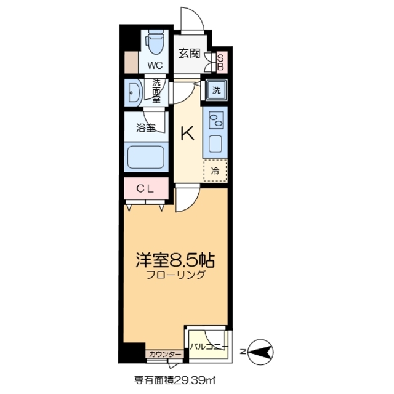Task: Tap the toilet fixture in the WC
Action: coord(154,43)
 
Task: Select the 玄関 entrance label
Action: coord(190,54)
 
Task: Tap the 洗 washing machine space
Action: coord(216,89)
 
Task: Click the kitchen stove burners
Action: coord(215,119)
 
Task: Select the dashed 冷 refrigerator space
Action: coord(215,171)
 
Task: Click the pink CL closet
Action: coord(145,189)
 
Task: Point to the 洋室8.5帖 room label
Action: coord(175,260)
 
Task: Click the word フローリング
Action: coord(175,276)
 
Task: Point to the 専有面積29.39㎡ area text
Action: coord(175,380)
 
